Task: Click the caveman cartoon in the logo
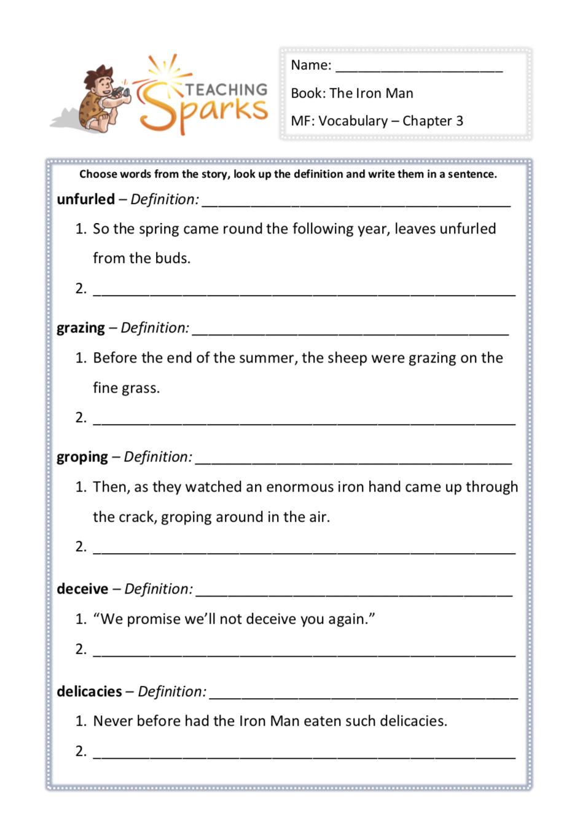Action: [x=102, y=98]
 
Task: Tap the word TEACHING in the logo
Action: [x=226, y=90]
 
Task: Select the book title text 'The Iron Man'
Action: [x=371, y=93]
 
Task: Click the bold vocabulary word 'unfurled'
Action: [x=86, y=200]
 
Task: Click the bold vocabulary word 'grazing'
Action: [x=81, y=328]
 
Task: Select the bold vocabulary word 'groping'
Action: [x=82, y=457]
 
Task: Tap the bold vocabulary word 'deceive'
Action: [x=82, y=589]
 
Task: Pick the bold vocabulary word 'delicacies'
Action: [x=89, y=692]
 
